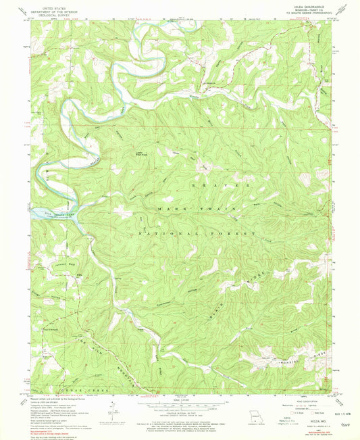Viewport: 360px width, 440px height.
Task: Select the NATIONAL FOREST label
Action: [x=197, y=233]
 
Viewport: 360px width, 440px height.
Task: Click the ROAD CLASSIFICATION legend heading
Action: [x=305, y=400]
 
